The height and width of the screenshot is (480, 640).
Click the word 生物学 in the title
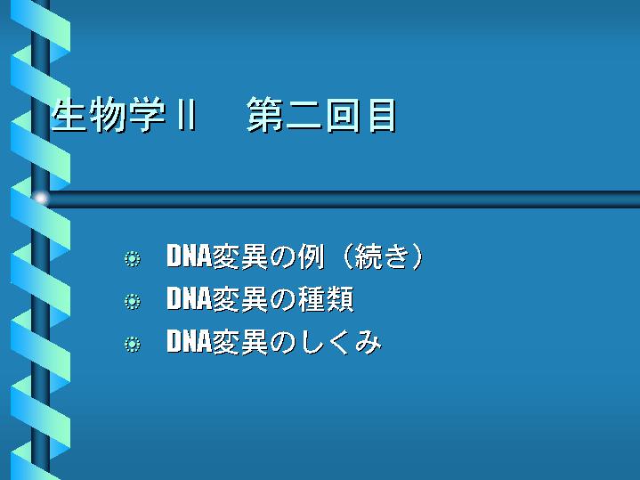(109, 115)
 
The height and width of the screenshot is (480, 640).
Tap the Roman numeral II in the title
(187, 115)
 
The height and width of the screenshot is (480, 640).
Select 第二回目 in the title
(321, 115)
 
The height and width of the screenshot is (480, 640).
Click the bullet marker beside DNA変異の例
(133, 258)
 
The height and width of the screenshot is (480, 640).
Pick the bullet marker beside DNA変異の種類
(133, 302)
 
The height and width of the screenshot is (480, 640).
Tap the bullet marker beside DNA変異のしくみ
(133, 344)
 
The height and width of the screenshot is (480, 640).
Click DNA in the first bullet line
(189, 256)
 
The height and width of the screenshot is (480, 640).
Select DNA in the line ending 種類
(189, 298)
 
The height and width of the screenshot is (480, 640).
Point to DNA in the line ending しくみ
(189, 341)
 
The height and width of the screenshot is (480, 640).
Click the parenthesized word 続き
(382, 256)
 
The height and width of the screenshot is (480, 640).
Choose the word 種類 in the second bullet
(326, 299)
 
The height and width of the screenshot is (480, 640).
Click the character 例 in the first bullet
(311, 256)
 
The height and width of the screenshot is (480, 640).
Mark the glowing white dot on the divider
(40, 199)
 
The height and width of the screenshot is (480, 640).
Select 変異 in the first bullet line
(240, 256)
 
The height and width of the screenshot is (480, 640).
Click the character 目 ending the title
(382, 116)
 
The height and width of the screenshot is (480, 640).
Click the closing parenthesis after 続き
(417, 256)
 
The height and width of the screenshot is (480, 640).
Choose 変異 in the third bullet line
(240, 341)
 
